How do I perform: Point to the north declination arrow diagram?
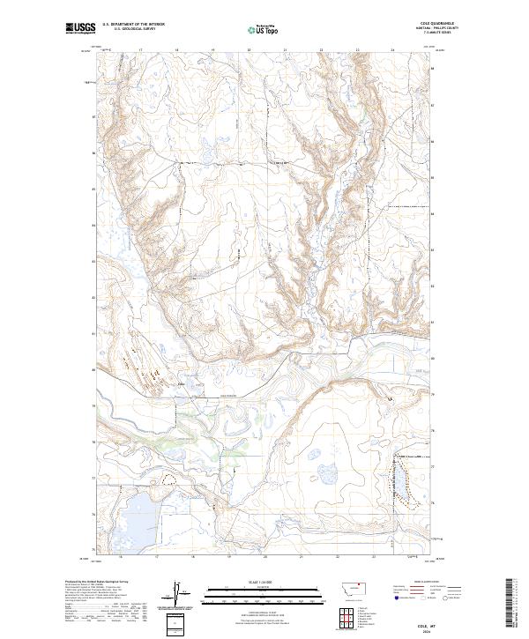point(175,591)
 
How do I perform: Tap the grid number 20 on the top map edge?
point(249,51)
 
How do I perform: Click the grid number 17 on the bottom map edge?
point(155,557)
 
